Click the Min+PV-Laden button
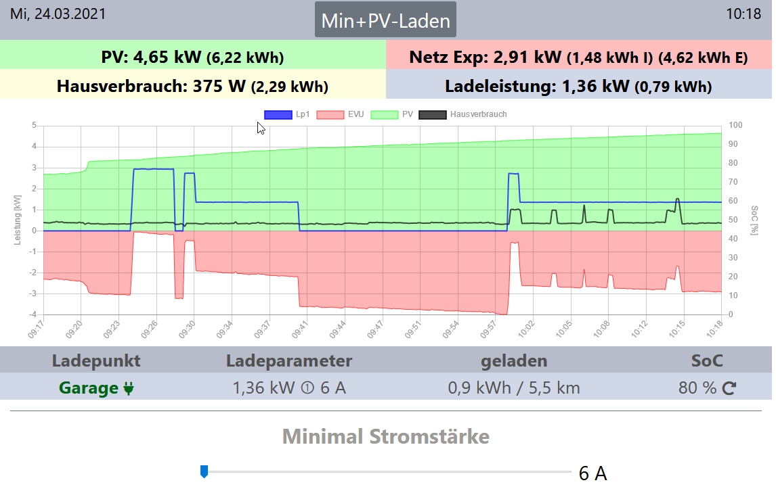coord(385,20)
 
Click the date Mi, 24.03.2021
coord(58,14)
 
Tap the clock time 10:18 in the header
coord(743,14)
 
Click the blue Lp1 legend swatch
coord(278,114)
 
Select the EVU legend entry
coord(339,114)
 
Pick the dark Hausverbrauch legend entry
coord(463,114)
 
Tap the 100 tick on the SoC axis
coord(736,125)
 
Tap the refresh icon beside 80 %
coord(729,388)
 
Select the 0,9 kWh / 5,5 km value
coord(514,388)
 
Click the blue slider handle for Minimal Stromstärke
coord(204,471)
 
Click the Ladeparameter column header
coord(289,360)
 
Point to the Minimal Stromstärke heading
coord(385,436)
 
